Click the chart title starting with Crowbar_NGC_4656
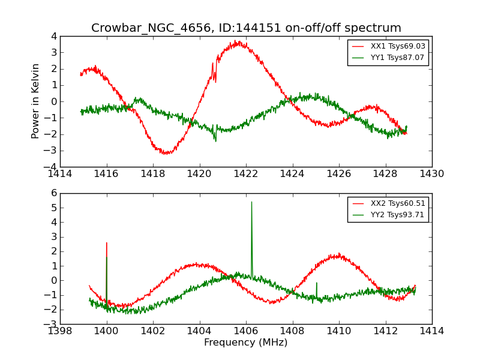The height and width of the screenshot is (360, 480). coord(246,28)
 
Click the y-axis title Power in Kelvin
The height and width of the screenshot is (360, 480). coord(36,101)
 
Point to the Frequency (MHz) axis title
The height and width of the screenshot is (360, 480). coord(246,343)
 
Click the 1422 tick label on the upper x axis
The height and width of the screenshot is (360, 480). coord(246,174)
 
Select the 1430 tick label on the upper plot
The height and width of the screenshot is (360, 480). coord(431,174)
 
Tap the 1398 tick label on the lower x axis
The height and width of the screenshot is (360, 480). coord(60,331)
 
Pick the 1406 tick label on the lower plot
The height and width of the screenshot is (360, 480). coord(246,331)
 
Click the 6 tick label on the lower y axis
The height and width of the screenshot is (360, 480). coord(53,193)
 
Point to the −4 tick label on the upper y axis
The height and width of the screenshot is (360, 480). coord(51,167)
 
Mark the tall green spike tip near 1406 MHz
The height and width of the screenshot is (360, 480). coord(251,202)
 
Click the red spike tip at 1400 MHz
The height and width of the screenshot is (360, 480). coord(107,243)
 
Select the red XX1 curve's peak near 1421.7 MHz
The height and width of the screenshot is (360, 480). coord(238,41)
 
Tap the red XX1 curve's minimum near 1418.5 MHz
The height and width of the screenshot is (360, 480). coord(165,154)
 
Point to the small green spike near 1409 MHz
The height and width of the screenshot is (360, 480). coord(317,283)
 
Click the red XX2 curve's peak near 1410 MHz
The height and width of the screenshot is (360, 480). coord(339,254)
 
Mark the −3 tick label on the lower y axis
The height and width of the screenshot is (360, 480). coord(51,324)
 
